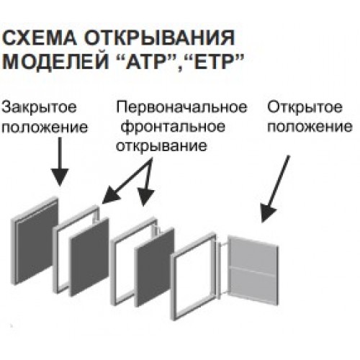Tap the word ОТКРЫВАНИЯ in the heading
tap(161, 37)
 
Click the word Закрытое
tap(39, 108)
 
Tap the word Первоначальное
tap(181, 108)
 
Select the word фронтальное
tap(173, 127)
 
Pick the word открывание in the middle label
tap(161, 145)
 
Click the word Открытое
tap(305, 108)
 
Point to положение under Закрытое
tap(45, 127)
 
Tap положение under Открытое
tap(310, 127)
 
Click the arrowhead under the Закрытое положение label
tap(60, 176)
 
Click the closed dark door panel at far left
tap(37, 241)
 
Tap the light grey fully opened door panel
tap(254, 271)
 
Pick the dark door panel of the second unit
tap(89, 257)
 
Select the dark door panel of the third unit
tap(154, 267)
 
